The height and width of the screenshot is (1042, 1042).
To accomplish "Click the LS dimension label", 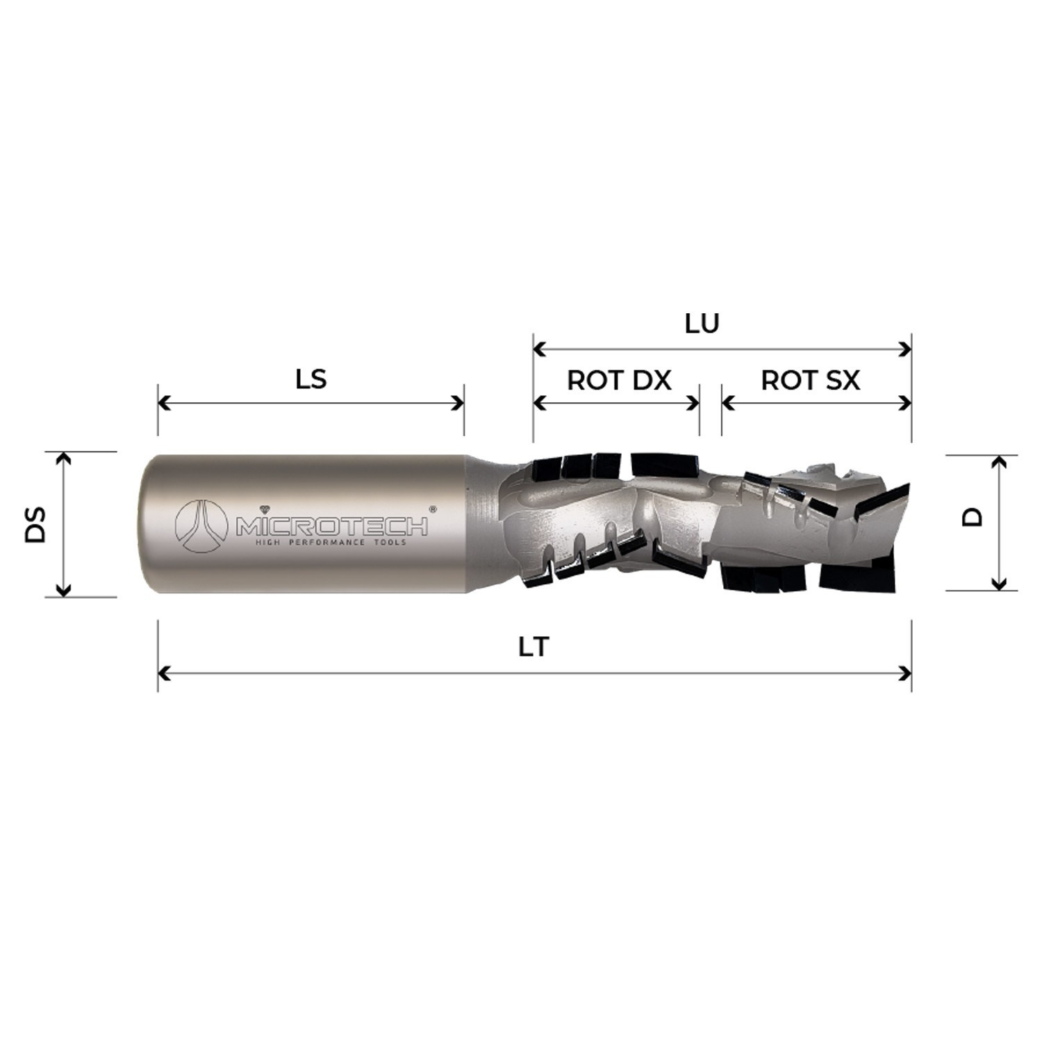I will (x=311, y=380).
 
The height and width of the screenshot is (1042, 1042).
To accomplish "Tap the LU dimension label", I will (x=702, y=324).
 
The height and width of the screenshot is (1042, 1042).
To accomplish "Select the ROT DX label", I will (x=619, y=381).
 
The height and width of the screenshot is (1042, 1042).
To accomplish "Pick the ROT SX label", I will (x=810, y=381).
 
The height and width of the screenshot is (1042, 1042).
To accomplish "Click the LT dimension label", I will (x=534, y=647).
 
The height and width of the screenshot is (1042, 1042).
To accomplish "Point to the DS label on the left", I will (x=35, y=524).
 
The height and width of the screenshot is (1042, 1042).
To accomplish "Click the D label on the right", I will (x=973, y=517).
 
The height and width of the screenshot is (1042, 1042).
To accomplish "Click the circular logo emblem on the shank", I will (x=201, y=526).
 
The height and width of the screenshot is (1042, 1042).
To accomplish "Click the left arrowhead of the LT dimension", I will (x=164, y=673).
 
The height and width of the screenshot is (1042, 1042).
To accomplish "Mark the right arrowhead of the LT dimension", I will (x=905, y=673).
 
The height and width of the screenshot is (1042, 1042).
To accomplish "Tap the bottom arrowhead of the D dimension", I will (x=998, y=584).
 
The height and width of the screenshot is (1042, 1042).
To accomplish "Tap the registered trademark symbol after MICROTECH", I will (x=433, y=509).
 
